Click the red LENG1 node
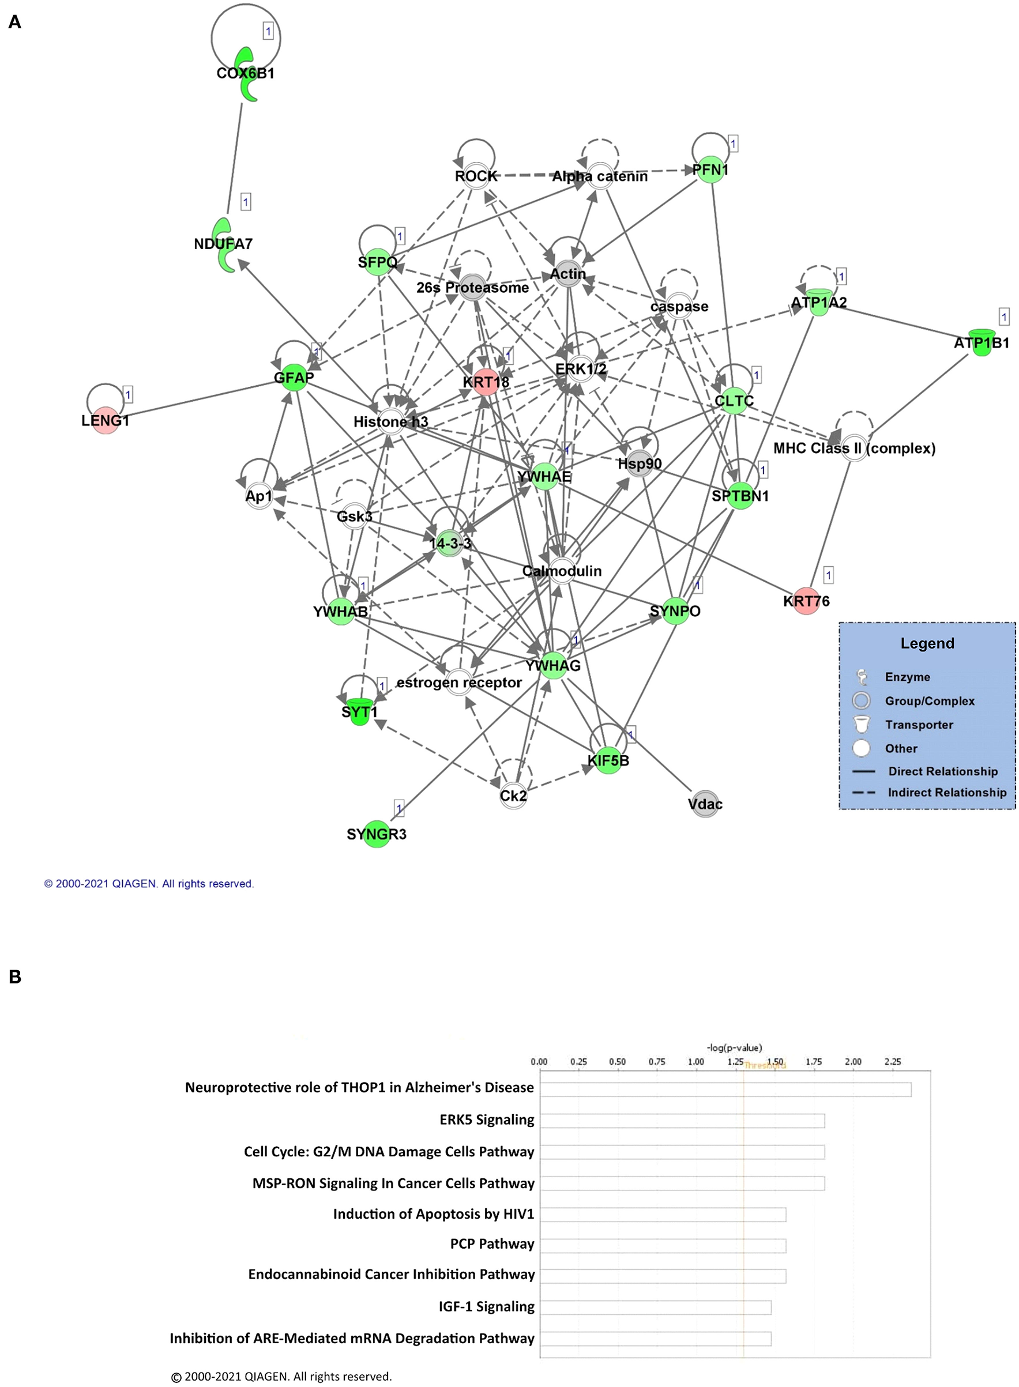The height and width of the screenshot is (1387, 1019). [x=106, y=420]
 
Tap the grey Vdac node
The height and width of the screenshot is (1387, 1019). [x=705, y=804]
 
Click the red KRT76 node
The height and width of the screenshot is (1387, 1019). [x=806, y=601]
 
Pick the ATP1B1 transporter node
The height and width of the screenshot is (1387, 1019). [x=982, y=343]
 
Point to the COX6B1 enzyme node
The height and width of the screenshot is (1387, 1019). [x=247, y=74]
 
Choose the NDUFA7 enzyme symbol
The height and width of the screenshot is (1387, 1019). [x=224, y=245]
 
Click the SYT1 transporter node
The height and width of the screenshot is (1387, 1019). [x=359, y=711]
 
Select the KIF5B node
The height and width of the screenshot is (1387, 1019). [x=608, y=760]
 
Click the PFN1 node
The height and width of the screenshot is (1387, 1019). [x=710, y=169]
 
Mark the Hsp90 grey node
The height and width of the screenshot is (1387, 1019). [x=640, y=463]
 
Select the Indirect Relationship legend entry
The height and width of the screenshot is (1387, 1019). [x=946, y=793]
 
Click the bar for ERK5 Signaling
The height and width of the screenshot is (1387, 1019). [x=682, y=1121]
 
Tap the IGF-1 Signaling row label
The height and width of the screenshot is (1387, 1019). [x=486, y=1306]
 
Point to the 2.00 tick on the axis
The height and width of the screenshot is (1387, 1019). [x=853, y=1061]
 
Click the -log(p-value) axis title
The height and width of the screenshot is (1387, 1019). [x=734, y=1047]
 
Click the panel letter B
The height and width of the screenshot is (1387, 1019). [x=16, y=977]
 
